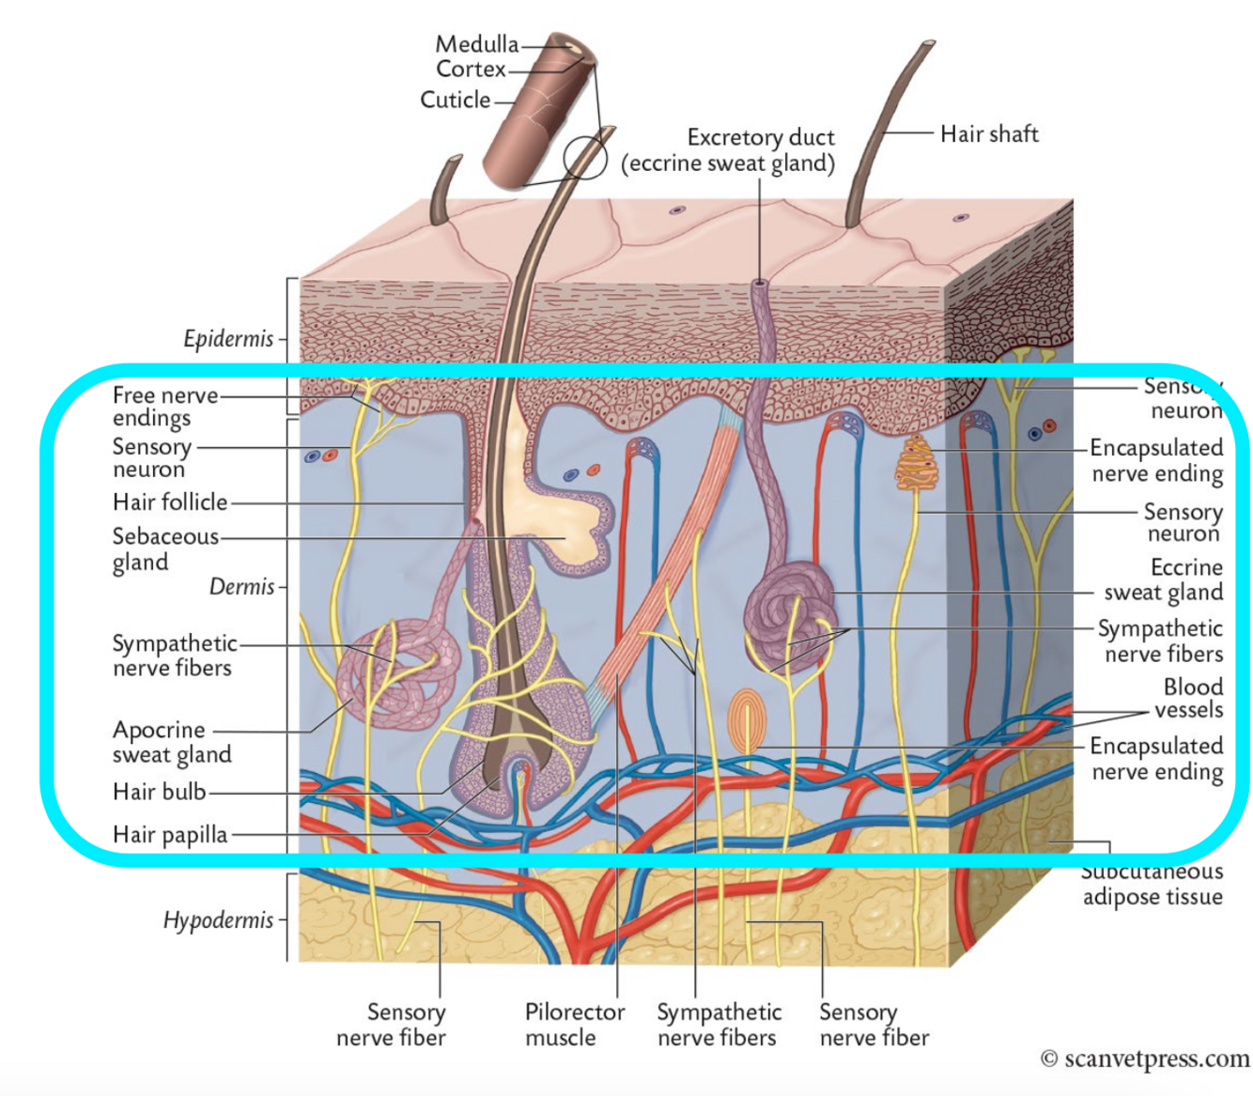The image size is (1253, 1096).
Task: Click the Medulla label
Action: point(476,44)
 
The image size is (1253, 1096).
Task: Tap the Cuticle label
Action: point(455,100)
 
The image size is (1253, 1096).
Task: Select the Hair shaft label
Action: point(989,134)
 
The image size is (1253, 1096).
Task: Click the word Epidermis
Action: point(228,339)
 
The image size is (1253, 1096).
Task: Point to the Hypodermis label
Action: point(218,920)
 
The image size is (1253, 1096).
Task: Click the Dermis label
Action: point(241,587)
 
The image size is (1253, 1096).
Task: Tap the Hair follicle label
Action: point(170,502)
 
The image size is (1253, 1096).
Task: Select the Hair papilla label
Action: point(170,835)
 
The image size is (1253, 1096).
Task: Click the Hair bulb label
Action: point(159,792)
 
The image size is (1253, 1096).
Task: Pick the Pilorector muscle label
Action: point(574,1025)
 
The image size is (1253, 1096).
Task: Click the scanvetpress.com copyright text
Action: point(1145,1059)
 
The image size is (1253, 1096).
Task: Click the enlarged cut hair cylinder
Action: point(535,113)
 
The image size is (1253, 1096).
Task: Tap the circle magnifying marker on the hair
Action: point(585,157)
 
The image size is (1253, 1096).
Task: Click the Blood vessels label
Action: point(1192,699)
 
